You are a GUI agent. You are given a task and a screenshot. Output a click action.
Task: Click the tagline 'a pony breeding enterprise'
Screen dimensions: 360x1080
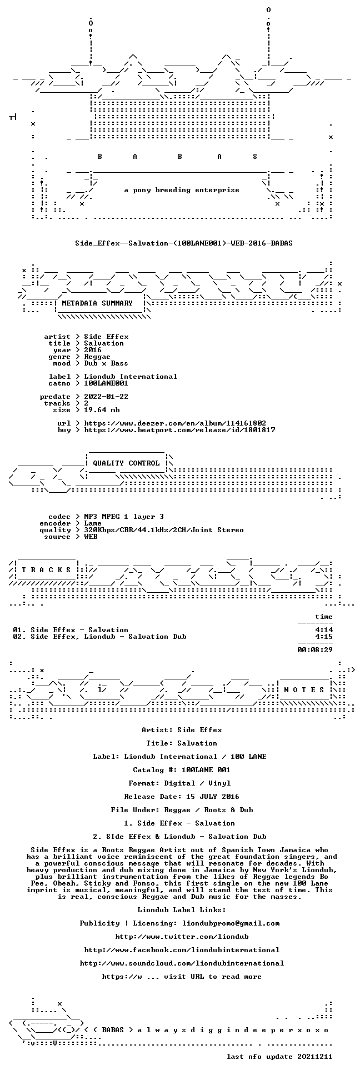[182, 190]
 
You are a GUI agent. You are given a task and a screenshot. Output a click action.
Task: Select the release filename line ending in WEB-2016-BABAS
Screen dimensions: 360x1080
[184, 243]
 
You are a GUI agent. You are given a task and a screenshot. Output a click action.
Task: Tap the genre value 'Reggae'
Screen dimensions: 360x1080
[97, 357]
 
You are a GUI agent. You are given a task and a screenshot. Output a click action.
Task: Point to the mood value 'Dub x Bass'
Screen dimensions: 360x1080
[106, 363]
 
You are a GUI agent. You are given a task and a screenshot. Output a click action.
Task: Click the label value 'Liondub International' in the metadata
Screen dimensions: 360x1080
[131, 377]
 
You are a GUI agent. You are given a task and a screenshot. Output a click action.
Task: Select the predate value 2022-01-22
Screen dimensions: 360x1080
[106, 397]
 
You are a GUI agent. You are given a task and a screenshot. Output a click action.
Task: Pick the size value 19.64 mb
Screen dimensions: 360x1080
[102, 410]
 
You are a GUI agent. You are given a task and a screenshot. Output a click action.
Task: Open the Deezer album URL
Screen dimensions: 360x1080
[175, 423]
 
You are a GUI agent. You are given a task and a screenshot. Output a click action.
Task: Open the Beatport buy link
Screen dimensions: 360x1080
[179, 430]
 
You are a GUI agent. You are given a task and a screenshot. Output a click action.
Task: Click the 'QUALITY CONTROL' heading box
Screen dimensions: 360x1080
[126, 463]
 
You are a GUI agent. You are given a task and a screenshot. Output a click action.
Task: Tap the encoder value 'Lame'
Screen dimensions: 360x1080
[93, 523]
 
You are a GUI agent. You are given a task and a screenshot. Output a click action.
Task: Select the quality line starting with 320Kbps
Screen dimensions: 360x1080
[164, 530]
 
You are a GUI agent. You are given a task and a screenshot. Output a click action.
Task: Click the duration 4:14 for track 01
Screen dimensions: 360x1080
[324, 630]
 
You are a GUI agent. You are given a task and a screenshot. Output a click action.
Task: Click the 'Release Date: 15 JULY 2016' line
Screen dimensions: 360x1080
[182, 797]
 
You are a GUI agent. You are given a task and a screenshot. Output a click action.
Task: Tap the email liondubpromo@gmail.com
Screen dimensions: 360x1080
[231, 923]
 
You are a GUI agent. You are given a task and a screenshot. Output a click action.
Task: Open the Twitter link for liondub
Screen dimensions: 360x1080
[182, 937]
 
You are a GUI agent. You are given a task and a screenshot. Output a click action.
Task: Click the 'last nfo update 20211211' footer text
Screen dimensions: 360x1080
[279, 1057]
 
